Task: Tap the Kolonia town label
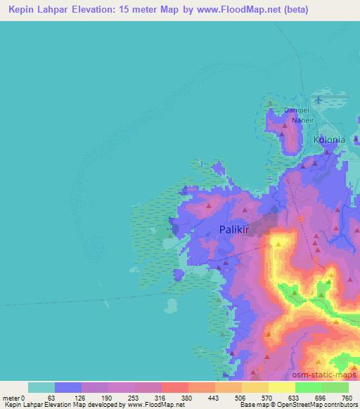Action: tap(329, 140)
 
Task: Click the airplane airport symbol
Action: tap(321, 100)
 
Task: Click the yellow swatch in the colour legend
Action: tap(282, 387)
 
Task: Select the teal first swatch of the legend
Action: tap(41, 387)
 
